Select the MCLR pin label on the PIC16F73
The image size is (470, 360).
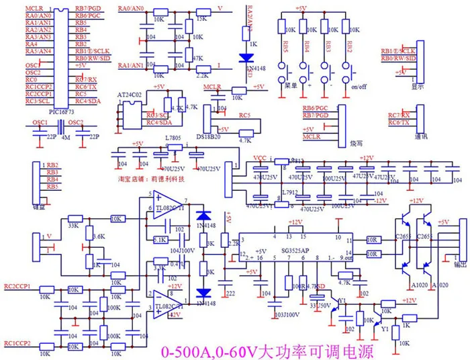pyautogui.click(x=34, y=7)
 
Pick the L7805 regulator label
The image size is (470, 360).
pyautogui.click(x=175, y=138)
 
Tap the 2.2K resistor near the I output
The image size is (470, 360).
pyautogui.click(x=202, y=76)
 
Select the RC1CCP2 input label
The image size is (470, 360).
pyautogui.click(x=18, y=343)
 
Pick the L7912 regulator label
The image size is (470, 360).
pyautogui.click(x=289, y=193)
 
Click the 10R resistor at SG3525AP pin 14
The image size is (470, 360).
pyautogui.click(x=371, y=254)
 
